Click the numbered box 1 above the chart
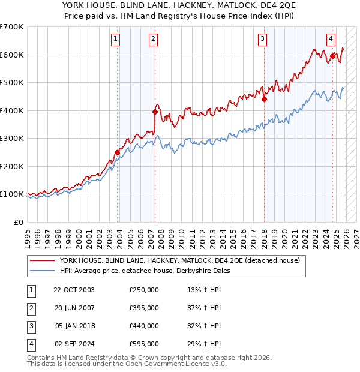(x=115, y=39)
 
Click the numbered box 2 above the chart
(x=153, y=39)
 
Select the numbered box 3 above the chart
(x=263, y=39)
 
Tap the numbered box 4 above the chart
(x=331, y=39)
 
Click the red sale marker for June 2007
(x=155, y=112)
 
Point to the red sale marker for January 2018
(x=263, y=100)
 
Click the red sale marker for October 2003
(x=117, y=152)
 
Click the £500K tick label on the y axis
(x=12, y=83)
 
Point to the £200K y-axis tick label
(x=12, y=166)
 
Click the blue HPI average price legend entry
(x=145, y=271)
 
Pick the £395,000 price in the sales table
(x=144, y=308)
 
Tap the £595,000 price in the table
(x=144, y=344)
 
